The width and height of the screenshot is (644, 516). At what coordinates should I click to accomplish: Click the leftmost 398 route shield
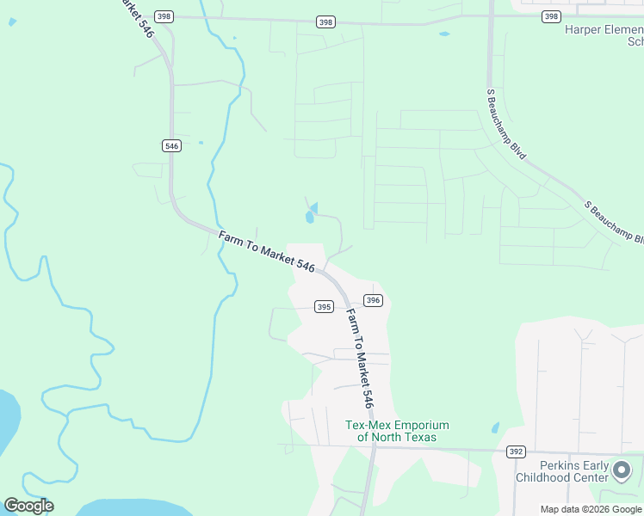tap(165, 16)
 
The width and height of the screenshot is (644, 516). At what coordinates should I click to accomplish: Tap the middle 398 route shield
tap(325, 21)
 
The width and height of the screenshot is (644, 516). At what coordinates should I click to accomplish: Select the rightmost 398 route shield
tap(552, 16)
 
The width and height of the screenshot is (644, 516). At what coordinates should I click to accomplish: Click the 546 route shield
tap(171, 146)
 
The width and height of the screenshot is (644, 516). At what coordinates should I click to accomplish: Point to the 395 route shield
tap(324, 307)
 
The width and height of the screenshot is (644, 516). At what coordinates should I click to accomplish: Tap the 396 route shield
tap(373, 300)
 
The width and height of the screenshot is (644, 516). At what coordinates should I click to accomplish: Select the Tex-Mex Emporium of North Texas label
tap(397, 431)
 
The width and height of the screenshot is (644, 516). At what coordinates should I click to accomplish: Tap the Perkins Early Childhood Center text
tap(561, 471)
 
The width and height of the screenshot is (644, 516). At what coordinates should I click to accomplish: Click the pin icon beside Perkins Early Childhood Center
tap(622, 470)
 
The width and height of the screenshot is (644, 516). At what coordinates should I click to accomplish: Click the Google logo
tap(28, 505)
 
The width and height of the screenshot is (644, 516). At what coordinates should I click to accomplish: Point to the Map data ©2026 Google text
tap(591, 509)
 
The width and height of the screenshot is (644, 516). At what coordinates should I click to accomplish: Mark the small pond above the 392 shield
tap(495, 427)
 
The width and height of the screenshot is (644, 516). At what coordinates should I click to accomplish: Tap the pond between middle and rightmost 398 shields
tap(443, 34)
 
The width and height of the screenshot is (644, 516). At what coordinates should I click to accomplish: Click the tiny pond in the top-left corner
tap(12, 21)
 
